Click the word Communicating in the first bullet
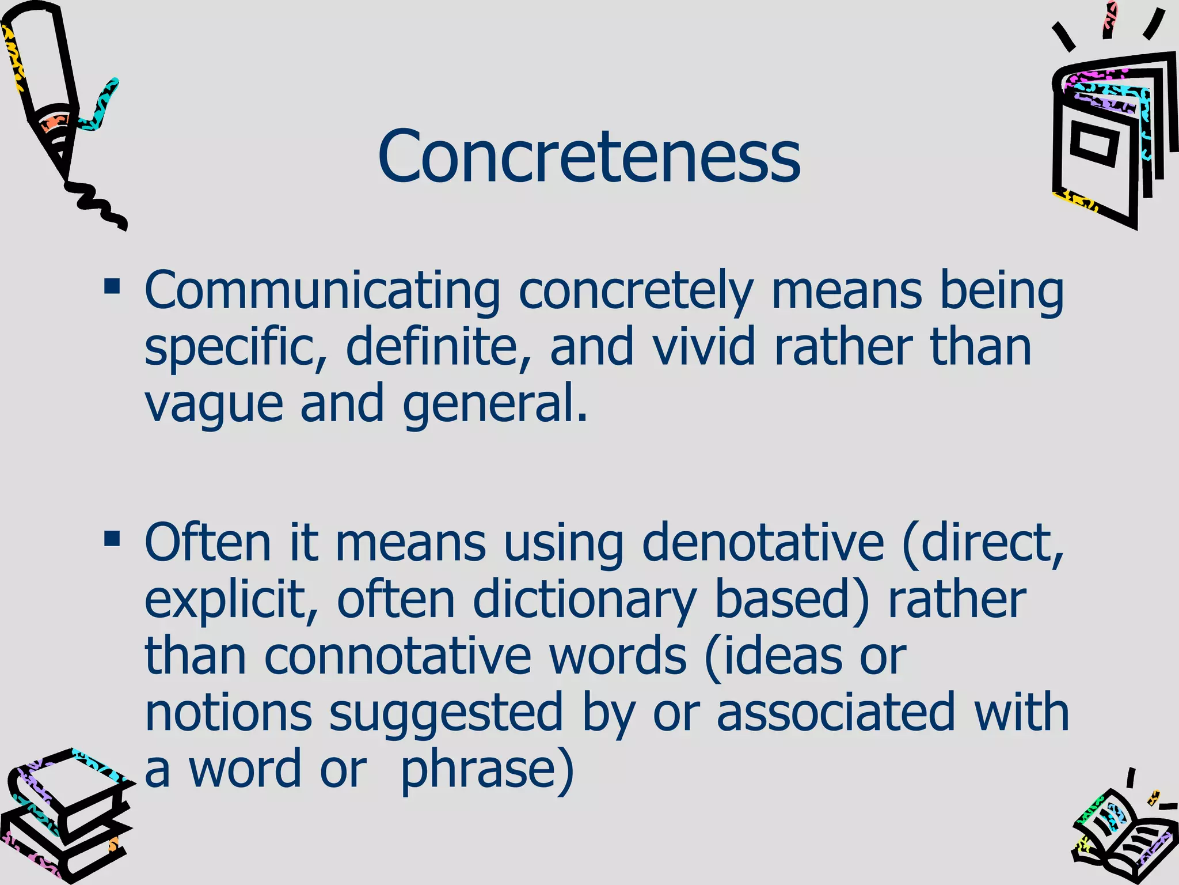click(322, 291)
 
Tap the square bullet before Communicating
click(112, 286)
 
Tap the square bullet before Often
click(112, 539)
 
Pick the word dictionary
click(584, 600)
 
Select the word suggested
click(446, 713)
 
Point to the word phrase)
click(487, 770)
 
